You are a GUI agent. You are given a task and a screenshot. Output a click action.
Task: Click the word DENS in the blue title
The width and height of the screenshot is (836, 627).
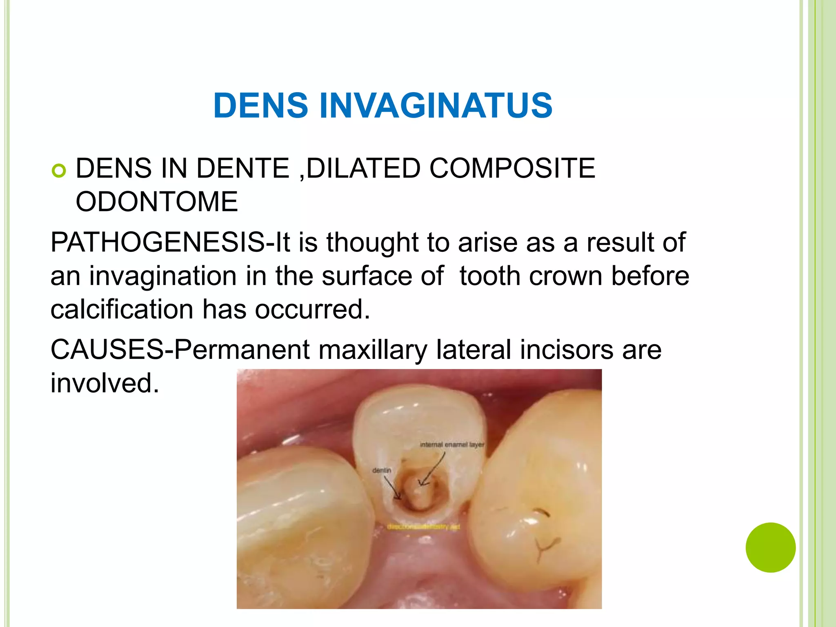click(260, 106)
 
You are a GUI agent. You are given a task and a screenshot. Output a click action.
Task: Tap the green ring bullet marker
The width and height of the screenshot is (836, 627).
click(59, 171)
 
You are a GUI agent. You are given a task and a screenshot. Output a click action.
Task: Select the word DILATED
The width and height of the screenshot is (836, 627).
click(363, 168)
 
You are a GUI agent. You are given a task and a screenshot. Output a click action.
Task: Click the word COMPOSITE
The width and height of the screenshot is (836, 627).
click(512, 168)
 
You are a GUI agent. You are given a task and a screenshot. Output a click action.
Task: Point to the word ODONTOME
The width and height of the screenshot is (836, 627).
click(157, 202)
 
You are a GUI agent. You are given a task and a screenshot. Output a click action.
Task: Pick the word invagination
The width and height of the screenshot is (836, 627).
click(163, 276)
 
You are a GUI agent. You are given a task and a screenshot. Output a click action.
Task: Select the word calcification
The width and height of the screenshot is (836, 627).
click(122, 309)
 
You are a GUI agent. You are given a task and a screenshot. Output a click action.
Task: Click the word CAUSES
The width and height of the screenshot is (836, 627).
click(107, 350)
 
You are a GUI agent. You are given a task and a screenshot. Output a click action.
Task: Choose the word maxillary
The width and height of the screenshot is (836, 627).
click(373, 350)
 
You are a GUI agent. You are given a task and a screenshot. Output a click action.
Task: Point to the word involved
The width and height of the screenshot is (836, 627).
click(104, 383)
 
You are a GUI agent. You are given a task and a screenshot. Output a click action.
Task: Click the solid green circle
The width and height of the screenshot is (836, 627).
click(770, 547)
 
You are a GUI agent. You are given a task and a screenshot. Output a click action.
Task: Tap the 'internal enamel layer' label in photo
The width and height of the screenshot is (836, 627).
click(452, 445)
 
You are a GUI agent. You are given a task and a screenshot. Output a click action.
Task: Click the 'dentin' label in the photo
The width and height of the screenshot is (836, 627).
click(382, 471)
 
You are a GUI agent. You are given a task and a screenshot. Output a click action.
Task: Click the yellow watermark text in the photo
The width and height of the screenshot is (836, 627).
click(423, 527)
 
